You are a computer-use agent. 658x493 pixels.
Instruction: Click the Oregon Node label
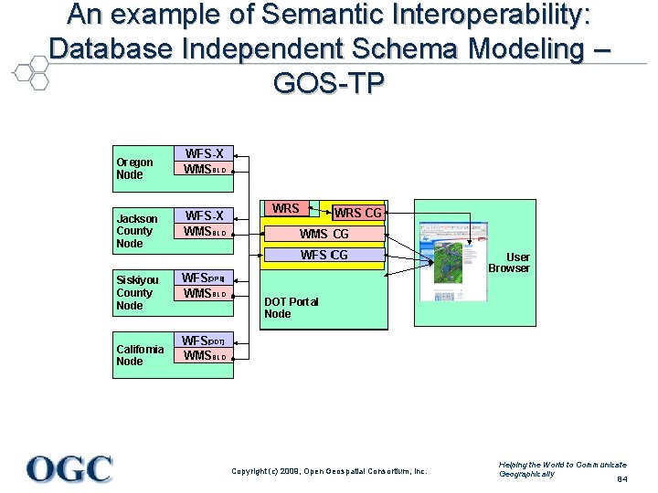[134, 168]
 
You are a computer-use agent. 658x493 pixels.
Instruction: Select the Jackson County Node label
[137, 231]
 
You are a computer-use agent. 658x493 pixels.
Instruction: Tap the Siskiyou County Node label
[137, 292]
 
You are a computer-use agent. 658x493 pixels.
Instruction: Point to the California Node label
[140, 355]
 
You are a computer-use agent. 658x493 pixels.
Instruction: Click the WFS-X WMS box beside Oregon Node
[205, 162]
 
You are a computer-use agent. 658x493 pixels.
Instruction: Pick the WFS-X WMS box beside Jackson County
[205, 224]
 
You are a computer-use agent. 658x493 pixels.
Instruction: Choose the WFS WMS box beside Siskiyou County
[205, 286]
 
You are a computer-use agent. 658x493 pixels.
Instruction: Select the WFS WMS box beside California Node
[205, 348]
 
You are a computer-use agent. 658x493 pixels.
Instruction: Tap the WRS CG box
[357, 214]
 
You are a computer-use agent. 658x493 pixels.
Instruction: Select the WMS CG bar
[324, 235]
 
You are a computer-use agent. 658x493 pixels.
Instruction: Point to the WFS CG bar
[324, 255]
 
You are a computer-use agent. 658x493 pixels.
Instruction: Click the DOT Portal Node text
[291, 308]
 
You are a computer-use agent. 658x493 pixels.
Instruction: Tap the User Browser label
[508, 263]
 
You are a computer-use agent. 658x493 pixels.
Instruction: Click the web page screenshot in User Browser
[454, 261]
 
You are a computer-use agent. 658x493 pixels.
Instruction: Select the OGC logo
[70, 469]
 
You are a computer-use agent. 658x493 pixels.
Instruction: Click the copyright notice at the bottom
[329, 471]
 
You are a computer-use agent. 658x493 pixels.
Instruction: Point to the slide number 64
[621, 479]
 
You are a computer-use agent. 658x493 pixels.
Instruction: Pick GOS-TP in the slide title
[328, 83]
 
